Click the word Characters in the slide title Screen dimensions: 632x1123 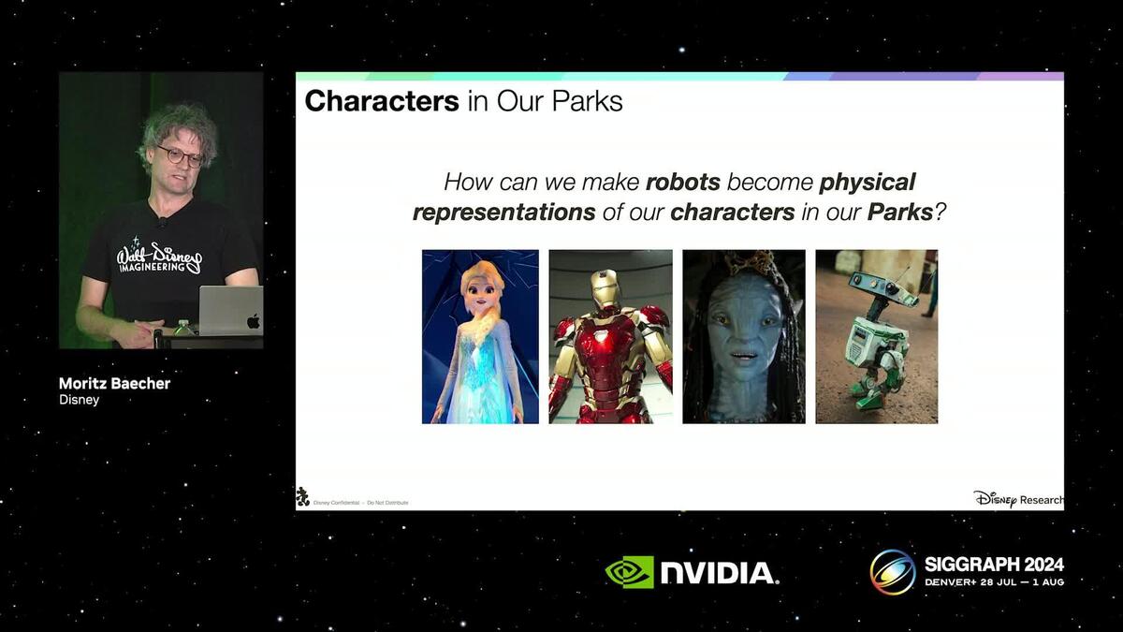coord(381,101)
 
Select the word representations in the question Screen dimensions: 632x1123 coord(503,213)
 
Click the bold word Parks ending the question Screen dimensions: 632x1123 coord(899,213)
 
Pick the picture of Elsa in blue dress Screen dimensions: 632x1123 coord(480,336)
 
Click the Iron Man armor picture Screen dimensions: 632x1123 coord(610,336)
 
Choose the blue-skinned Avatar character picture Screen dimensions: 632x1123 coord(743,336)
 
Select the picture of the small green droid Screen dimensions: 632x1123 coord(876,336)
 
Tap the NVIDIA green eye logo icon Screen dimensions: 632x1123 coord(629,572)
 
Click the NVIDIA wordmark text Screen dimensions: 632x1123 coord(718,573)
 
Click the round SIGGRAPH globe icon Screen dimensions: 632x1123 coord(892,571)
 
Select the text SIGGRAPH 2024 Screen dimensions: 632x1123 coord(994,564)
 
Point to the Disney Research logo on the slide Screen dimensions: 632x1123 coord(1017,499)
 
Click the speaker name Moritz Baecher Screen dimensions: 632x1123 coord(114,383)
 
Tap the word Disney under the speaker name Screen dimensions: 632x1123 coord(79,400)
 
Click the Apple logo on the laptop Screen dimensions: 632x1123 coord(252,321)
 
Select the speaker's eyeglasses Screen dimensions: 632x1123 coord(180,154)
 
